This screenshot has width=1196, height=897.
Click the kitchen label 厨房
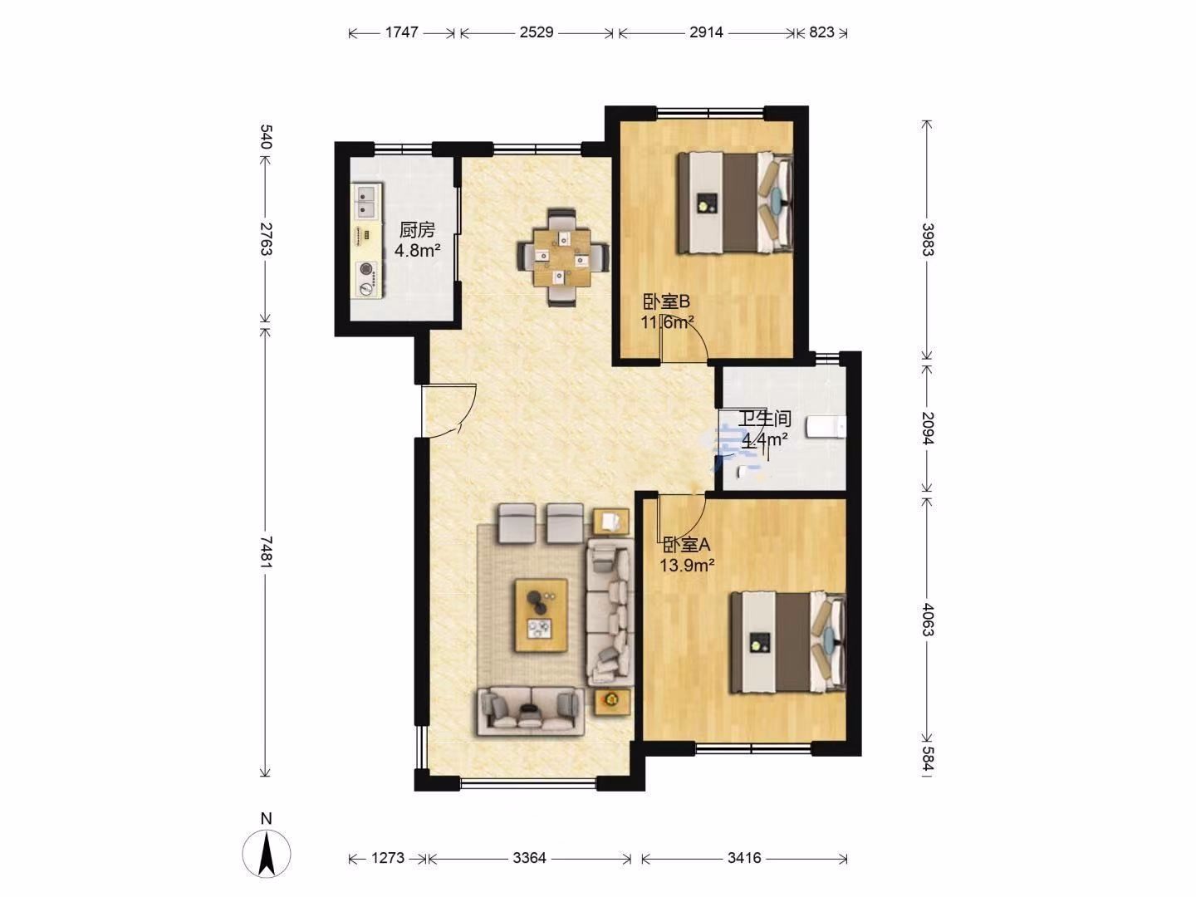point(417,230)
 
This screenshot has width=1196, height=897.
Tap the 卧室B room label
point(666,301)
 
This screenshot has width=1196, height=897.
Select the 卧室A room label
point(687,544)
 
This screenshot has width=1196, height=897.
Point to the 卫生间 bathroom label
point(764,419)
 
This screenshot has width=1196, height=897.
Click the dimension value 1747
point(401,32)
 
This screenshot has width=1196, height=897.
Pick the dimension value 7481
point(266,552)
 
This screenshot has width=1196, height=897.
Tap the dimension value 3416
point(744,858)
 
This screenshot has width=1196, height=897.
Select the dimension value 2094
point(928,428)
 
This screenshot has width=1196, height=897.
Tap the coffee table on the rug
point(542,615)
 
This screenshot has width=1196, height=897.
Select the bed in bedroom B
point(735,203)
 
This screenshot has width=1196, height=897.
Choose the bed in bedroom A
point(788,642)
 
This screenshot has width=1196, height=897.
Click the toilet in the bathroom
point(827,426)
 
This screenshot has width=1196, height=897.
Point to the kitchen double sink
point(367,200)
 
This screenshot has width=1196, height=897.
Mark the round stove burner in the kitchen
point(365,270)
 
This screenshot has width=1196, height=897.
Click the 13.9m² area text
point(687,566)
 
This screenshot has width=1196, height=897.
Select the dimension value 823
point(821,32)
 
